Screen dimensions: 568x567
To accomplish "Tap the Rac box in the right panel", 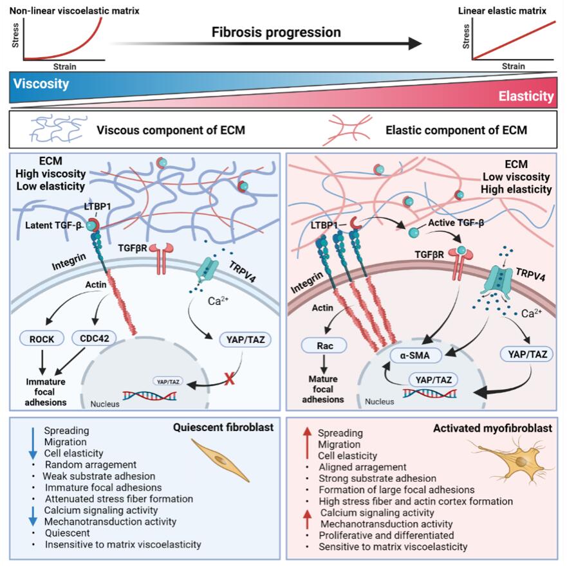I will [323, 345].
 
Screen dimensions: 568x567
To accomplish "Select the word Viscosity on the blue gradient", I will [41, 84].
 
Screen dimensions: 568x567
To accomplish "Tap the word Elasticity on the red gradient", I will [525, 96].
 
